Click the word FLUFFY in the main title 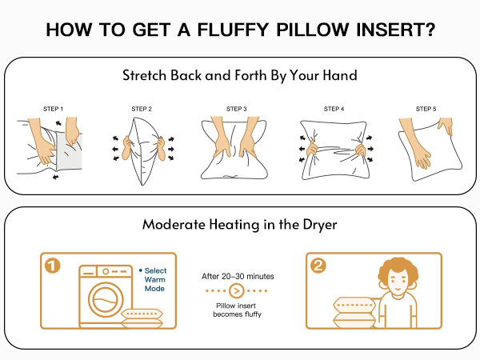(233, 30)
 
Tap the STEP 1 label (54, 109)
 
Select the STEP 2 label (142, 109)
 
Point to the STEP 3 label (236, 109)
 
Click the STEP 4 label (334, 109)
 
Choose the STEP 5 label (426, 109)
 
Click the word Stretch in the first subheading (145, 75)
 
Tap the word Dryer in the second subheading (320, 225)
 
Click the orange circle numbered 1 (52, 266)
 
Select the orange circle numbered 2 (318, 266)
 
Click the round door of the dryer (106, 299)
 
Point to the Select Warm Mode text (153, 279)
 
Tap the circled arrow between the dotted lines (236, 290)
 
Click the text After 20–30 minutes (238, 277)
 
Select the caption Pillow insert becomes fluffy (237, 310)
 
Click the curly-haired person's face (398, 284)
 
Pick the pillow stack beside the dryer (142, 318)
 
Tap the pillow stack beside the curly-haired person (354, 313)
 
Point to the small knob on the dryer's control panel (106, 271)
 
